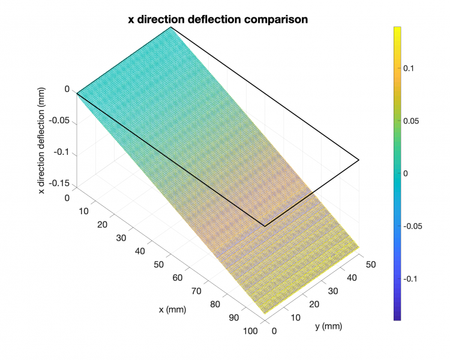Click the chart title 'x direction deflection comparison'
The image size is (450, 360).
(x=218, y=19)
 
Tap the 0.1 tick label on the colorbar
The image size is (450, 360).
(x=409, y=68)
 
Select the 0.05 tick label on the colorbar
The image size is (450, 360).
(x=410, y=121)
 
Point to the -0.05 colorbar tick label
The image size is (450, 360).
(x=412, y=226)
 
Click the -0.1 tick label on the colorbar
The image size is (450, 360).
(x=410, y=279)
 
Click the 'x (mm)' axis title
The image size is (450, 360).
(x=172, y=310)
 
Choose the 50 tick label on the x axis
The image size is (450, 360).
(x=158, y=264)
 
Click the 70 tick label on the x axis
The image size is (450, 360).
(x=196, y=291)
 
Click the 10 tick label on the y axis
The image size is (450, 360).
(x=294, y=317)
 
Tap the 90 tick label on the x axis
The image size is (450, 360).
(x=233, y=318)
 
